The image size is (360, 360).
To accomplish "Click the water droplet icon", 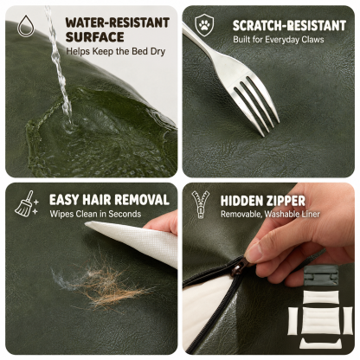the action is coord(26,26).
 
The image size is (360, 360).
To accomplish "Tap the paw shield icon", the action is coord(204,25).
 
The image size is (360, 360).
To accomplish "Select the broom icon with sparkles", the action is coord(27,203).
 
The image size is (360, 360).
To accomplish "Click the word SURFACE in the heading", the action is coord(94,37).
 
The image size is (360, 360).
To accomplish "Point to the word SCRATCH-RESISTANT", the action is coord(289,26).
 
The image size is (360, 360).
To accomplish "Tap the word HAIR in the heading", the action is coord(96,200).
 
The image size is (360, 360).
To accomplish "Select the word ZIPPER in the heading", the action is coord(285,201).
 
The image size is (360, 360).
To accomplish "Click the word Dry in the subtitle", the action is coord(157,51).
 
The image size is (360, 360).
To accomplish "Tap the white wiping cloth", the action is coord(136,240).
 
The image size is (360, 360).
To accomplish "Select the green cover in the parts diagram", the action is coord(320,275).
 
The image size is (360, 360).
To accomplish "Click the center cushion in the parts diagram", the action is coord(320,320).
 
